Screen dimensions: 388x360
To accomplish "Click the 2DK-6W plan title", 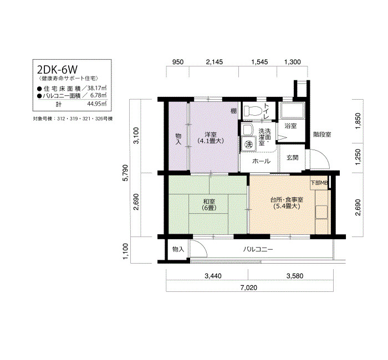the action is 57,70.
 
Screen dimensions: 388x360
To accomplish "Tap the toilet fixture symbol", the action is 253,111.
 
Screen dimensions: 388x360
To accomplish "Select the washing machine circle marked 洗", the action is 248,144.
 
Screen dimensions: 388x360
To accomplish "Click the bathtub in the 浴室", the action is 292,111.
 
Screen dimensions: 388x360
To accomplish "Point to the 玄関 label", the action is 292,157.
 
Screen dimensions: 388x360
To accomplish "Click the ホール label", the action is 261,161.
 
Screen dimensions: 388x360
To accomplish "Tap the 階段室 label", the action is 322,135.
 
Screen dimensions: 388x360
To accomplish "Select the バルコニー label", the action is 258,249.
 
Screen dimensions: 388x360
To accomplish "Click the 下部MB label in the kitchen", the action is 319,183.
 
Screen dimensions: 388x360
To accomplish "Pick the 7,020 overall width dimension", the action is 249,287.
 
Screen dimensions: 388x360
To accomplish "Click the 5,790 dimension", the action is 126,173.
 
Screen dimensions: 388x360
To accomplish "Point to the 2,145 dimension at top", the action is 215,61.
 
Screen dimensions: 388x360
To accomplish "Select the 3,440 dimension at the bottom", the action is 213,276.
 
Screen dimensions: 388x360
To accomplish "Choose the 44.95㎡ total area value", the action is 97,104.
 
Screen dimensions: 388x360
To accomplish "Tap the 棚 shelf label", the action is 233,111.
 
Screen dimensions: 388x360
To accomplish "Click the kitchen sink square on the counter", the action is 321,212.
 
